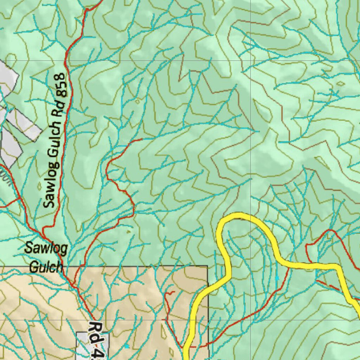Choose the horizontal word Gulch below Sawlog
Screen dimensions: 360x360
tap(46, 267)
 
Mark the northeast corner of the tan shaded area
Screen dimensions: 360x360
tap(207, 266)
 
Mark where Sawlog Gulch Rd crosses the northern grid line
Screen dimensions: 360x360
tap(66, 60)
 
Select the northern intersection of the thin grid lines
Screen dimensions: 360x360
tap(250, 60)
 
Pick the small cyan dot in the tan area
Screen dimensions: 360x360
tap(127, 346)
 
